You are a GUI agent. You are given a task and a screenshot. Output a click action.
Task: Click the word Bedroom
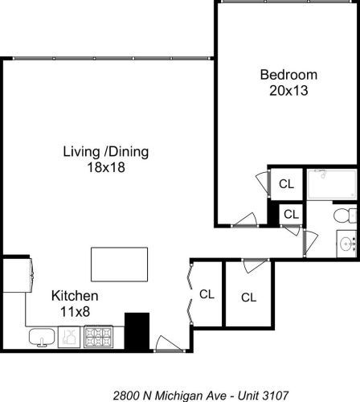coord(288,75)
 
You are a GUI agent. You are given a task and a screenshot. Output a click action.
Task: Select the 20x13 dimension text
coord(288,91)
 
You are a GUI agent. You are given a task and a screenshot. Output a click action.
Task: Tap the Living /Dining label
coord(106,152)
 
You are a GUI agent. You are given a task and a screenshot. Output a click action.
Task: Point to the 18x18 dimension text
coord(106,167)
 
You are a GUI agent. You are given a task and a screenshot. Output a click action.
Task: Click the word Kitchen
coord(75,296)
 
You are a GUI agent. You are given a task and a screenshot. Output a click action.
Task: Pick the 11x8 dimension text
coord(75,312)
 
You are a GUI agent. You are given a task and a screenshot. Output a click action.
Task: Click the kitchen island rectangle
coord(119,265)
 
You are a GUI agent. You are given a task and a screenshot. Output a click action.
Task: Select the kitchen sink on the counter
coord(42,338)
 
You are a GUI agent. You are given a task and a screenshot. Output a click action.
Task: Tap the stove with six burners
coord(98,337)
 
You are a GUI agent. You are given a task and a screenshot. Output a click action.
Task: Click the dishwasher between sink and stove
coord(69,337)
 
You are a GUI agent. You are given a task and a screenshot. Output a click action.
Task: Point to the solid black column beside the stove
coord(137,331)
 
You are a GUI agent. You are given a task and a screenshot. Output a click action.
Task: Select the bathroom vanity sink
coord(347,244)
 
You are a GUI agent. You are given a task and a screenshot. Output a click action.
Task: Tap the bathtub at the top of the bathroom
coord(332,184)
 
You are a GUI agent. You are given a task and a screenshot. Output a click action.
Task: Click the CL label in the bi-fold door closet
coord(207,294)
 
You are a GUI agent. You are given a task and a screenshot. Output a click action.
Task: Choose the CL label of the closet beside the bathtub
coord(286,184)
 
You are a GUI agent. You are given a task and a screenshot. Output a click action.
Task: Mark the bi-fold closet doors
coord(190,294)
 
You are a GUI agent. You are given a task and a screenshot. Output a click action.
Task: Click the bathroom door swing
coord(311,243)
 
